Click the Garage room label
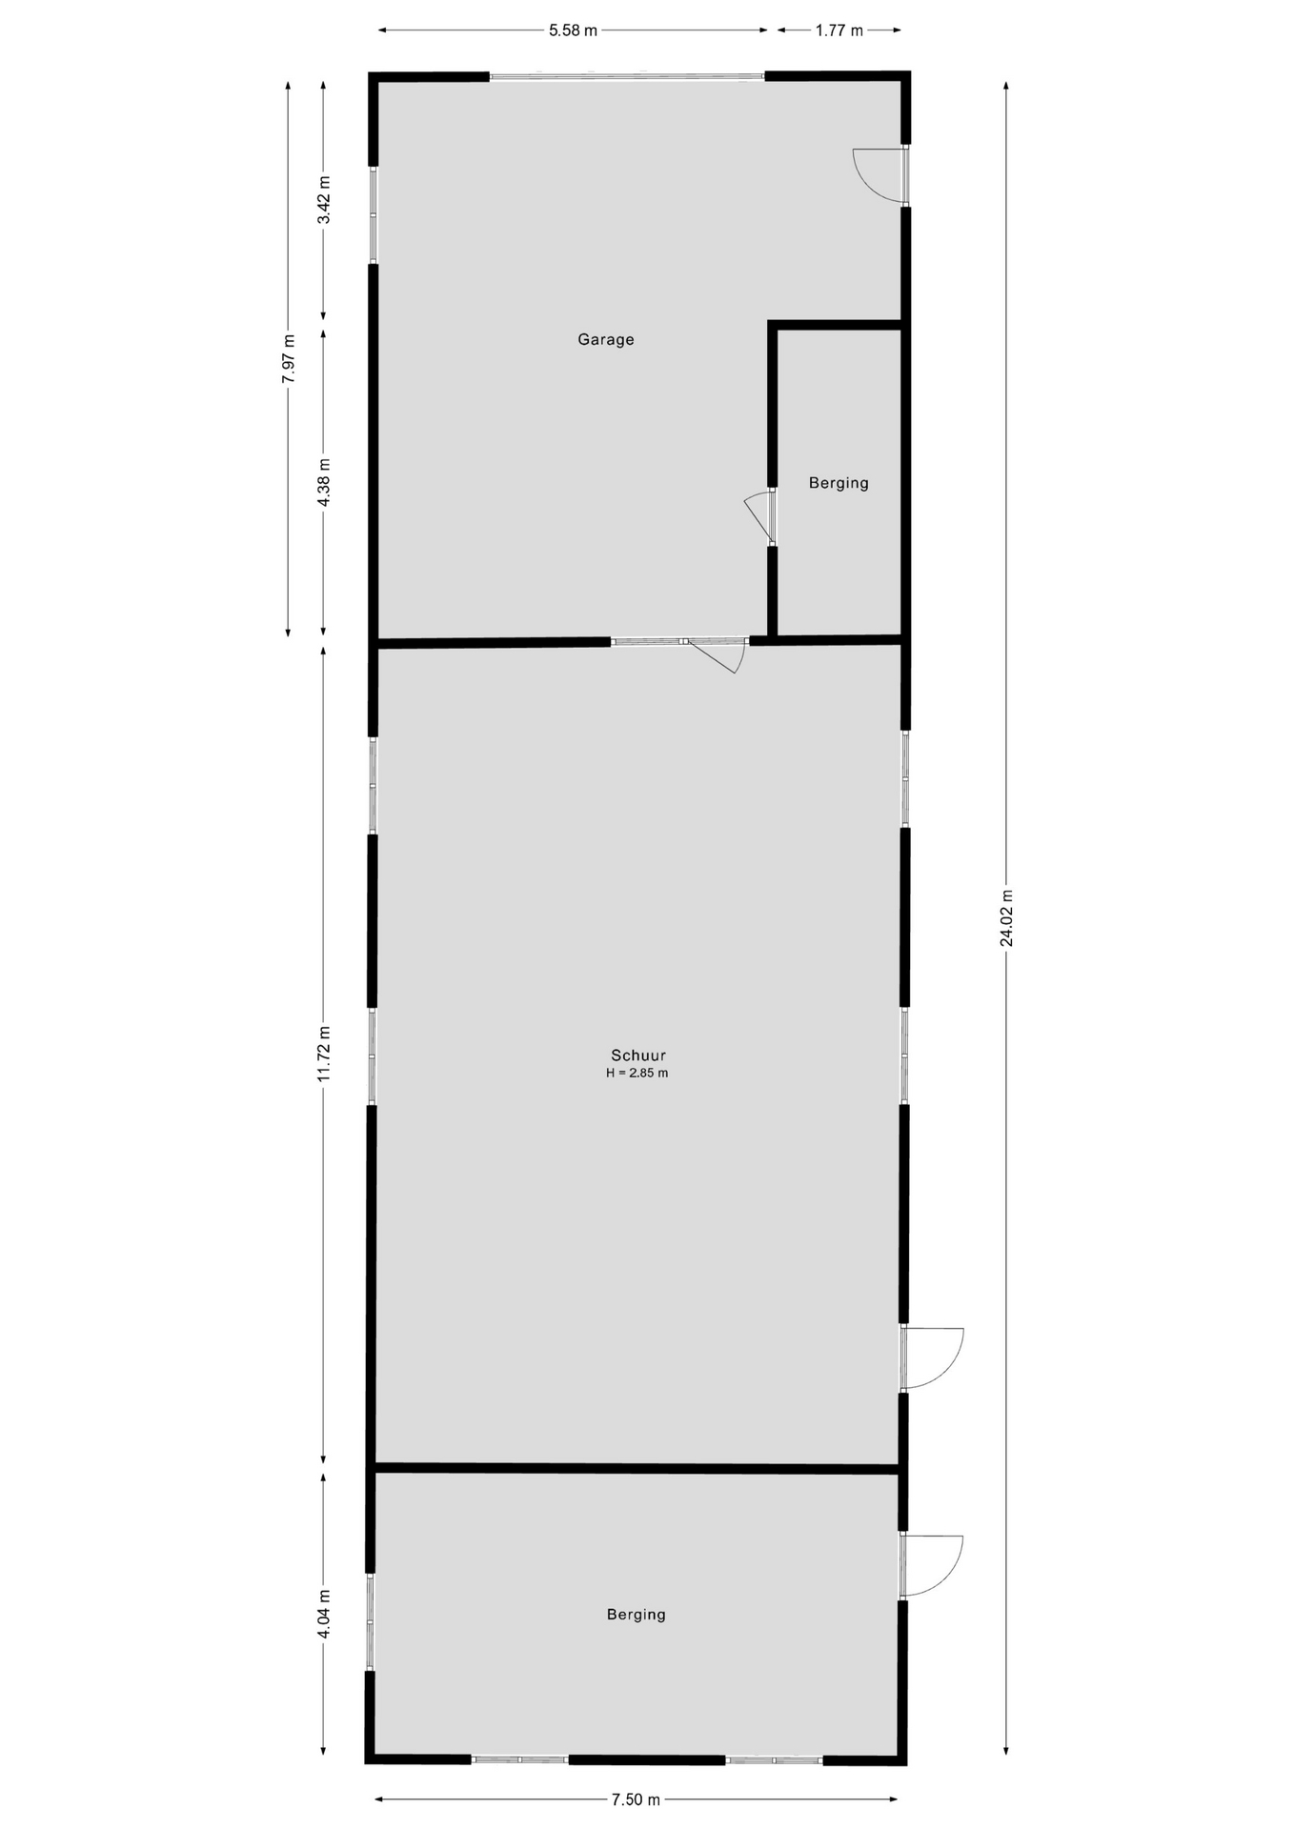coord(605,339)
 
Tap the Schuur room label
coord(637,1055)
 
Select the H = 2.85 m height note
coord(637,1073)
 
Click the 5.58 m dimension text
coord(573,30)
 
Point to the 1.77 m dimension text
coord(839,30)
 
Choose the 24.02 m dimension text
coord(1006,917)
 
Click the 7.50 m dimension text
coord(636,1799)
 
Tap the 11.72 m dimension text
coord(324,1054)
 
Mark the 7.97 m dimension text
coord(289,358)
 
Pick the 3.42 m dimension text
coord(324,200)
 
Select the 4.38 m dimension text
coord(324,484)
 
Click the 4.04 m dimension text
coord(324,1614)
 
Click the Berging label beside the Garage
coord(839,483)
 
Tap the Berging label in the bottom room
coord(636,1614)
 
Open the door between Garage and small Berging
coord(760,517)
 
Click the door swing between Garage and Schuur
coord(716,655)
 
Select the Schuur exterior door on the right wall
coord(932,1357)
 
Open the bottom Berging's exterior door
coord(931,1565)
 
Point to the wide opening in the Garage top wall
coord(627,76)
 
